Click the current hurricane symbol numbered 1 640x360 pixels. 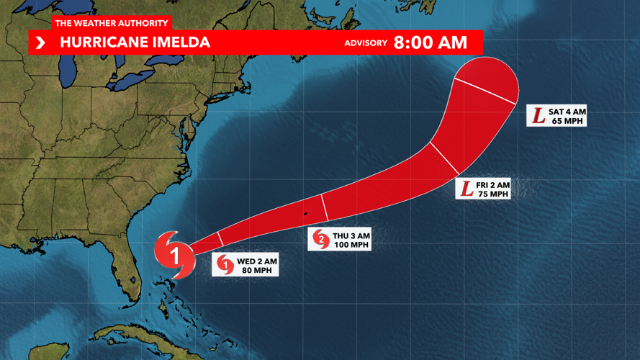tap(175, 254)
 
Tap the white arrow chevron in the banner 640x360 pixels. tap(40, 43)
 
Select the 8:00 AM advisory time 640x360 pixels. tap(431, 42)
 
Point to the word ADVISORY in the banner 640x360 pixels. tap(366, 43)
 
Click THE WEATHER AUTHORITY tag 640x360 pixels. tap(111, 24)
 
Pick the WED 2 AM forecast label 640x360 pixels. tap(256, 261)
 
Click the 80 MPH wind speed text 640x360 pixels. tap(256, 271)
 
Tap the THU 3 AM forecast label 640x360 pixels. tap(351, 235)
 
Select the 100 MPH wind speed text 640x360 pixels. tap(351, 245)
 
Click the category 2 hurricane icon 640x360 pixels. tap(320, 239)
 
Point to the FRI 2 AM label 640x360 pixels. tap(493, 185)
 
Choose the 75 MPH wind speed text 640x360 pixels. tap(493, 194)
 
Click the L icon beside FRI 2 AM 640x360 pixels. tap(467, 189)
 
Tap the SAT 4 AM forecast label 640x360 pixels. tap(567, 112)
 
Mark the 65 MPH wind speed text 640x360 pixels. tap(567, 121)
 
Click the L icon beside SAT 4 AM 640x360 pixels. tap(538, 115)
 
